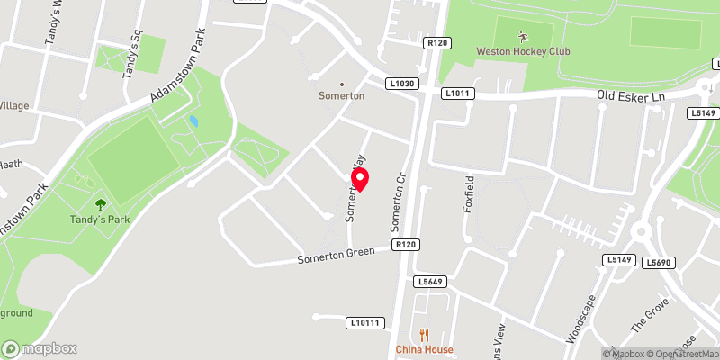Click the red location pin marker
362,179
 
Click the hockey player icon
523,36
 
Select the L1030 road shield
402,84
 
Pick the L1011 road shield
457,94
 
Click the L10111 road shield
364,322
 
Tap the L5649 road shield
430,282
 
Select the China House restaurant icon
424,335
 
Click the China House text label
424,349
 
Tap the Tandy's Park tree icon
100,205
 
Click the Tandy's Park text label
100,220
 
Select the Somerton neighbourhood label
341,95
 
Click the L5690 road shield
660,262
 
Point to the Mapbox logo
40,348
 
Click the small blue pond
193,121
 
